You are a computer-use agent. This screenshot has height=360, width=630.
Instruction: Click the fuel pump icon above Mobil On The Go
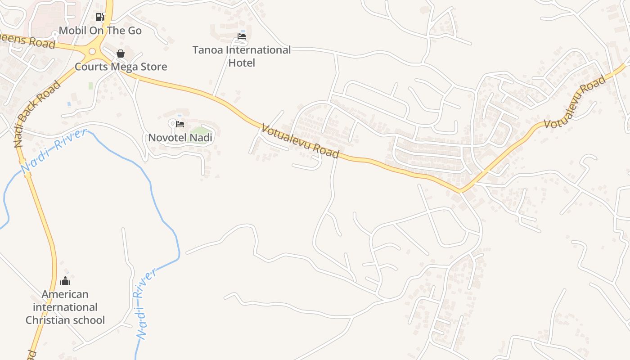[100, 17]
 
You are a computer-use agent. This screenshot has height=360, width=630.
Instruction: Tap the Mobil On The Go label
[100, 31]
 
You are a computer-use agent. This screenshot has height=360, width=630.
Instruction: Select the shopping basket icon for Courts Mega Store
[121, 54]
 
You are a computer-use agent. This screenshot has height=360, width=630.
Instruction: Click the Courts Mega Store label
[121, 67]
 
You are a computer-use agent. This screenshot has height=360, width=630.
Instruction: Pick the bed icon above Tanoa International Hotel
[242, 36]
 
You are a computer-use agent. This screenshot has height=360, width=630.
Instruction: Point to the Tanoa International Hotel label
[242, 56]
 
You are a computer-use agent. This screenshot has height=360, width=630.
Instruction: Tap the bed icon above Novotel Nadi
[180, 124]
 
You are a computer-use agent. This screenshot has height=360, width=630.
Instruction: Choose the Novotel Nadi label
[180, 137]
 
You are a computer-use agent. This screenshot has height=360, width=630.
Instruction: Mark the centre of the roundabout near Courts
[92, 51]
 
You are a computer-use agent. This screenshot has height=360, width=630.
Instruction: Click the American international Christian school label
[65, 307]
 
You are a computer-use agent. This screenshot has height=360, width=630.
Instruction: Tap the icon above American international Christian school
[65, 281]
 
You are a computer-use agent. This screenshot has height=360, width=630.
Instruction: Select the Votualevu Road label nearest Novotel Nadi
[300, 141]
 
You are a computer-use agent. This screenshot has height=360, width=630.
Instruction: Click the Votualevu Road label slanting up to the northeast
[575, 102]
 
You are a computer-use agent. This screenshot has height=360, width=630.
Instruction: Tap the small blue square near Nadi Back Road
[69, 103]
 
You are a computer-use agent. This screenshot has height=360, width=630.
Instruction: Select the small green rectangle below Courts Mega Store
[90, 85]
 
